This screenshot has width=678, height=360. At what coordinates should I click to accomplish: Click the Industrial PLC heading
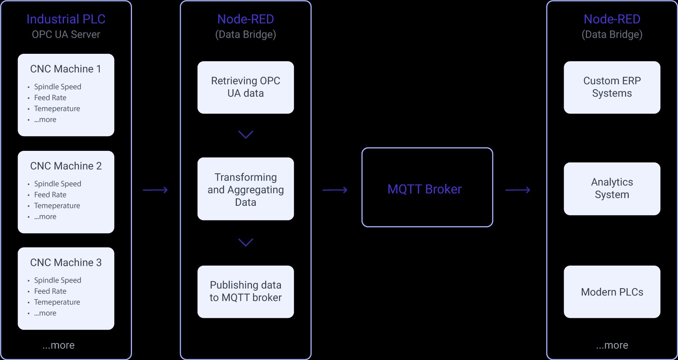[x=66, y=19]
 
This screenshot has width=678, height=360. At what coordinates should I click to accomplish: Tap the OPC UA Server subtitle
[x=66, y=35]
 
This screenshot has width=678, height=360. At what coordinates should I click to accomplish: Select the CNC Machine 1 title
[x=65, y=69]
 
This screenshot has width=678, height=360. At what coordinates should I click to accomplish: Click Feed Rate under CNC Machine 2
[x=50, y=195]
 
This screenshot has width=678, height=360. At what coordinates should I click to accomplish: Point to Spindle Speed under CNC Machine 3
[x=58, y=280]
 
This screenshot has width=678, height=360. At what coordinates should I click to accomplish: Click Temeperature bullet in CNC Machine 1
[x=57, y=109]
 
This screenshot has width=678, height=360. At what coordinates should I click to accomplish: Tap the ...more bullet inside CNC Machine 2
[x=45, y=217]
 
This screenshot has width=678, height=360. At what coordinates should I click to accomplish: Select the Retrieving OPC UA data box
[x=246, y=87]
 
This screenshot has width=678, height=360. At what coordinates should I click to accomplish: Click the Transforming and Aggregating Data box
[x=246, y=189]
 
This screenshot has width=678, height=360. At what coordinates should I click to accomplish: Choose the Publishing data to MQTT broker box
[x=246, y=292]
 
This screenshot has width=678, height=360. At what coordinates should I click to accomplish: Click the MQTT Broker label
[x=424, y=189]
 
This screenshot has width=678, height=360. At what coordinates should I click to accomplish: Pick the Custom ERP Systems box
[x=612, y=87]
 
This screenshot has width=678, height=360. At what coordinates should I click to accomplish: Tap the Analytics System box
[x=612, y=188]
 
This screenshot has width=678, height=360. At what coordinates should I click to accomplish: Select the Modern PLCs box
[x=612, y=292]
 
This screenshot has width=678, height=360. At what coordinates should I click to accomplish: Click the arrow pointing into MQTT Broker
[x=335, y=190]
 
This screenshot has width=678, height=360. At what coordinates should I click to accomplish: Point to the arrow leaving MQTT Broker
[x=517, y=190]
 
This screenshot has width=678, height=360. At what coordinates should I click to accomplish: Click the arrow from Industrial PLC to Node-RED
[x=155, y=190]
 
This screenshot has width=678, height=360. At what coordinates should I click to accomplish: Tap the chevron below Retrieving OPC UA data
[x=246, y=134]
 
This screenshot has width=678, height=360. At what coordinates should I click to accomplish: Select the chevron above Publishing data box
[x=246, y=242]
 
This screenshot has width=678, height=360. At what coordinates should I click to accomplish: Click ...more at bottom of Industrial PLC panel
[x=58, y=345]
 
